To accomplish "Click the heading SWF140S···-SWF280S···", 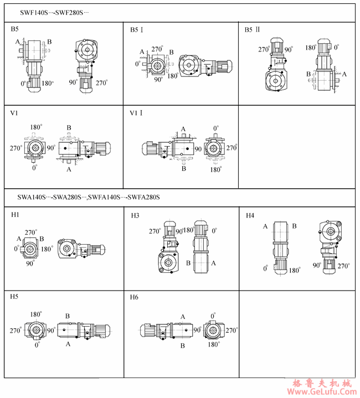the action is pyautogui.click(x=54, y=13).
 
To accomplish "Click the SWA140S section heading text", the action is pyautogui.click(x=89, y=197).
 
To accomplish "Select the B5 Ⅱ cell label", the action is pyautogui.click(x=252, y=30).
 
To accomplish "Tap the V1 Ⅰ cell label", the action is pyautogui.click(x=136, y=113).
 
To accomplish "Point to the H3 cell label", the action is pyautogui.click(x=135, y=215).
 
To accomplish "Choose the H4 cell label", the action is pyautogui.click(x=250, y=215).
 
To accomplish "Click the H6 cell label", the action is pyautogui.click(x=134, y=297).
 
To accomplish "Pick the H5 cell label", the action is pyautogui.click(x=14, y=297).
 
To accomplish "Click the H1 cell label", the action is pyautogui.click(x=16, y=215).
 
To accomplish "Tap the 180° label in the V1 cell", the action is pyautogui.click(x=36, y=127).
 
